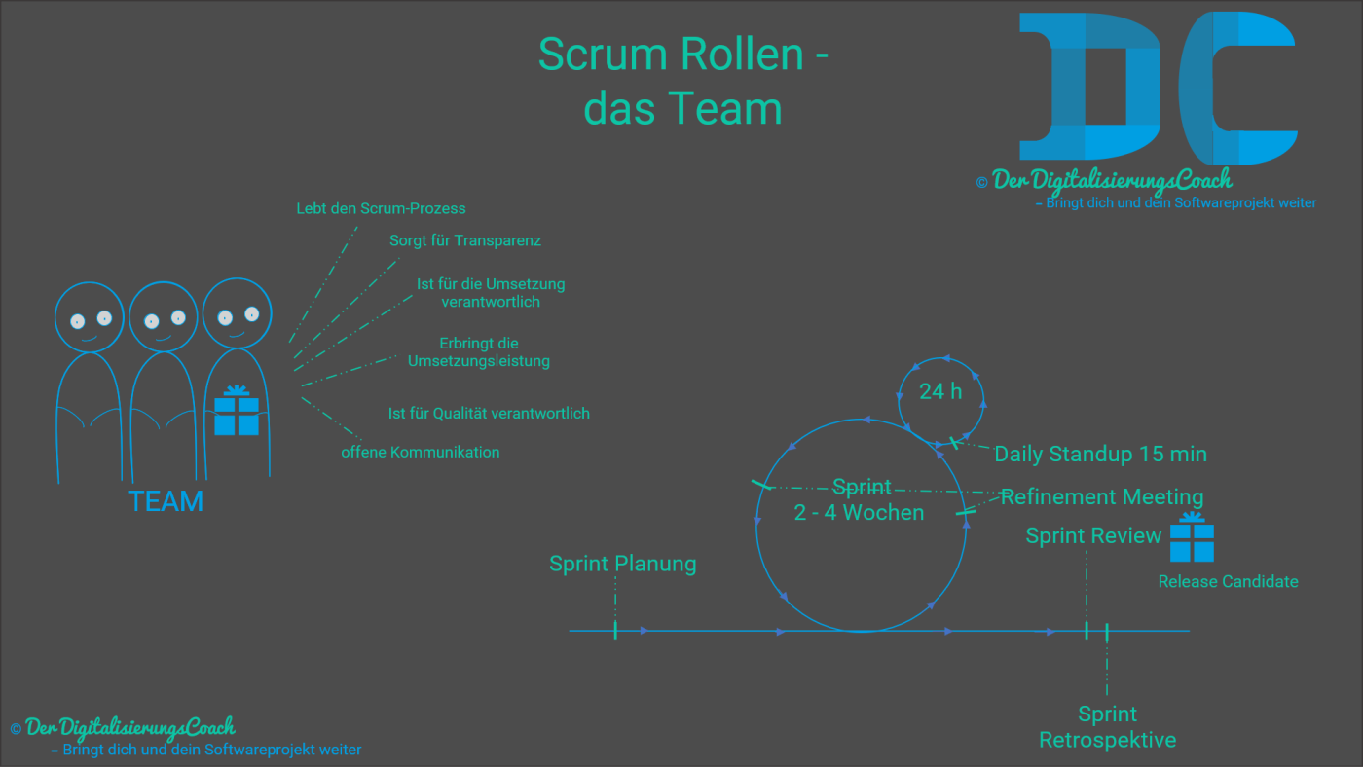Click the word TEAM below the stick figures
pyautogui.click(x=166, y=501)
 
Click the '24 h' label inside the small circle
pyautogui.click(x=940, y=391)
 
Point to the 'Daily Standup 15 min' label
pyautogui.click(x=1100, y=454)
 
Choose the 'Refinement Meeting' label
pyautogui.click(x=1102, y=496)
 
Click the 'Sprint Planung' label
pyautogui.click(x=623, y=564)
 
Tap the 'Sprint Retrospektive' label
pyautogui.click(x=1108, y=727)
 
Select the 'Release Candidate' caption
pyautogui.click(x=1228, y=581)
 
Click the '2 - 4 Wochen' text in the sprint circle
pyautogui.click(x=859, y=512)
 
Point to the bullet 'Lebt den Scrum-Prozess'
pyautogui.click(x=381, y=208)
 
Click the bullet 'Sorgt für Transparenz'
pyautogui.click(x=465, y=240)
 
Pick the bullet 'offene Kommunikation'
pyautogui.click(x=420, y=452)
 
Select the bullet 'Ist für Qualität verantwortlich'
pyautogui.click(x=489, y=413)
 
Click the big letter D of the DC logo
pyautogui.click(x=1088, y=88)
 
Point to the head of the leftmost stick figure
pyautogui.click(x=90, y=317)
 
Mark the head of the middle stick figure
pyautogui.click(x=164, y=317)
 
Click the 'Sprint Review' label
pyautogui.click(x=1093, y=535)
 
